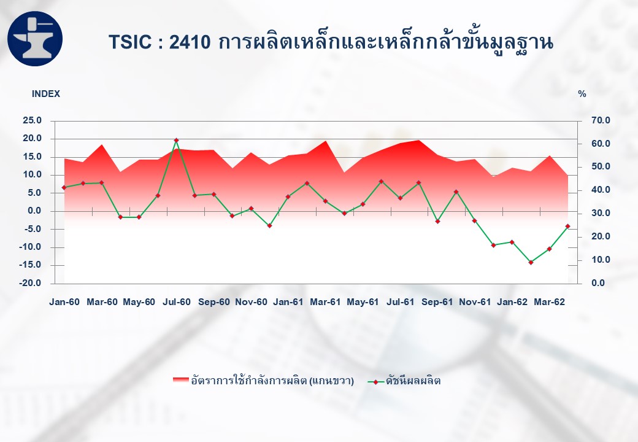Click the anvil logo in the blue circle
(35, 39)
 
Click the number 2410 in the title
(190, 42)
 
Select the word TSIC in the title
(130, 42)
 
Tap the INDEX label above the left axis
(46, 94)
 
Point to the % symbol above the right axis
(582, 94)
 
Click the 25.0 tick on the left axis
(33, 120)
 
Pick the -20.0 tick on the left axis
(30, 283)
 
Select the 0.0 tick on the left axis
(34, 211)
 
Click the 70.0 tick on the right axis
(601, 120)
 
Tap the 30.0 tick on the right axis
(601, 213)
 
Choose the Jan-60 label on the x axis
(64, 302)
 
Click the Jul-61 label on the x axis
(401, 302)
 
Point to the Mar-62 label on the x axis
(549, 302)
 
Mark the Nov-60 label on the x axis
(252, 302)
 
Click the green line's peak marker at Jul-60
(176, 140)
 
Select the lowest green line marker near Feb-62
(531, 263)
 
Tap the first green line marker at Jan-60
(64, 187)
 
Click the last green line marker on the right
(567, 227)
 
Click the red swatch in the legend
(180, 380)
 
